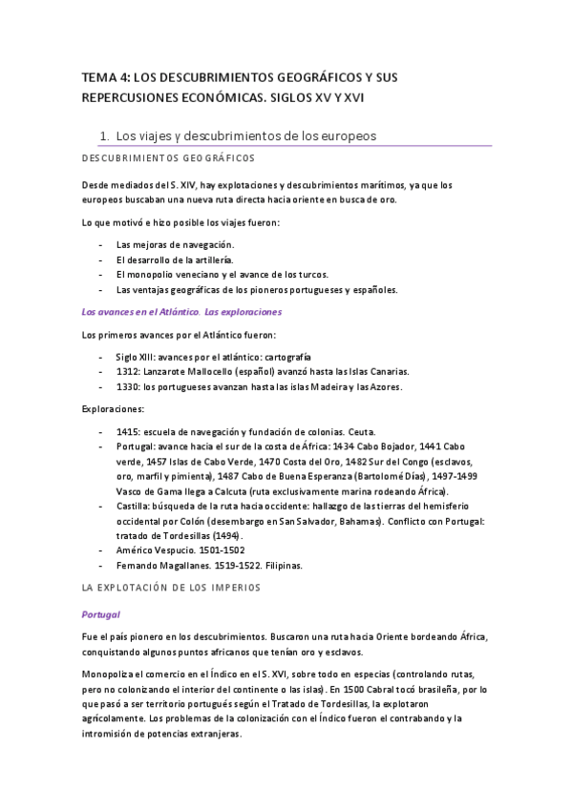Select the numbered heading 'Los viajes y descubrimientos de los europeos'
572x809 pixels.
(244, 135)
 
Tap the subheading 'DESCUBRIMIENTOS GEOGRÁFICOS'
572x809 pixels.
(166, 157)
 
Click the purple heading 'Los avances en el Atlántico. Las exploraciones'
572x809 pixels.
(181, 311)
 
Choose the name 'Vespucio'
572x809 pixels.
(182, 550)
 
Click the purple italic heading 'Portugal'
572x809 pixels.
(100, 614)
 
